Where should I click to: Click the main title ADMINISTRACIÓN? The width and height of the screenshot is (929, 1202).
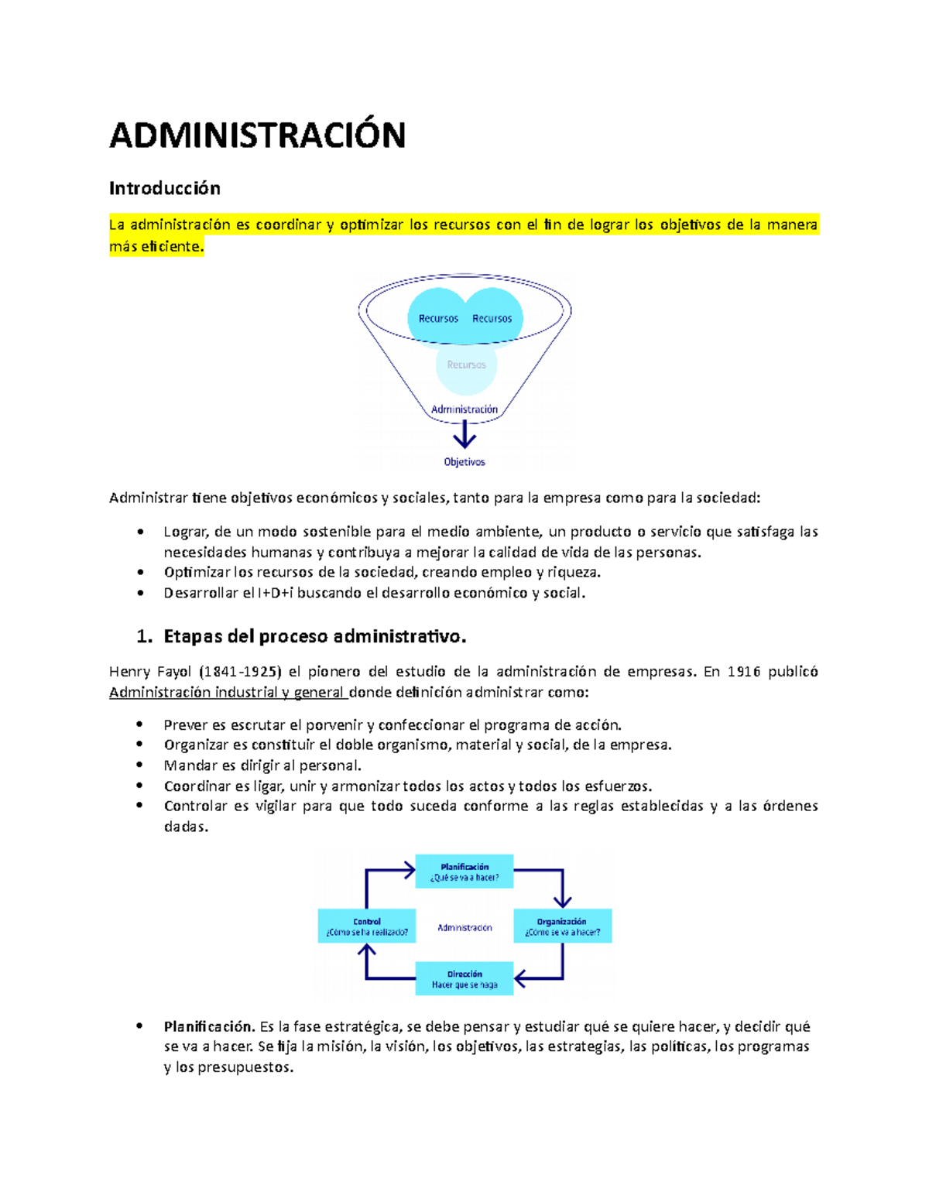pyautogui.click(x=257, y=135)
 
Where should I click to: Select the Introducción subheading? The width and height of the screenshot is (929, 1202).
pyautogui.click(x=164, y=188)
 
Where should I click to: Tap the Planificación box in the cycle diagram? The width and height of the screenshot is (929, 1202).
pyautogui.click(x=464, y=872)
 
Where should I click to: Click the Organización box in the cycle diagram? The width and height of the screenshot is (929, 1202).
pyautogui.click(x=562, y=926)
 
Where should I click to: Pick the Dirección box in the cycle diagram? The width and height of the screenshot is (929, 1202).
pyautogui.click(x=464, y=979)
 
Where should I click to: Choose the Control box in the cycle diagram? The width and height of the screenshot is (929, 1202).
pyautogui.click(x=367, y=926)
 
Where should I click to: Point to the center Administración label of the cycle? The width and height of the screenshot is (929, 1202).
pyautogui.click(x=464, y=927)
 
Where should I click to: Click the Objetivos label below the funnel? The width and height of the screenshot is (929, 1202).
pyautogui.click(x=464, y=462)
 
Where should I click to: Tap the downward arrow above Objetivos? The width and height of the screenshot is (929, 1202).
pyautogui.click(x=464, y=435)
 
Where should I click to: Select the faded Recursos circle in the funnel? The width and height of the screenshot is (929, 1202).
pyautogui.click(x=466, y=365)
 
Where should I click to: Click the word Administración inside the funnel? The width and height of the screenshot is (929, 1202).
pyautogui.click(x=464, y=409)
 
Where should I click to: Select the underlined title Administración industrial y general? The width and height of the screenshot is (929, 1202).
pyautogui.click(x=227, y=692)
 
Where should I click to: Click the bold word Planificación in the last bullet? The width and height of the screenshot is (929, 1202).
pyautogui.click(x=209, y=1026)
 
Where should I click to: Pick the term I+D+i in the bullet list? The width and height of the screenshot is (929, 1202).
pyautogui.click(x=276, y=593)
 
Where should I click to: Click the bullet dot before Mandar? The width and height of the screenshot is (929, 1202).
pyautogui.click(x=140, y=765)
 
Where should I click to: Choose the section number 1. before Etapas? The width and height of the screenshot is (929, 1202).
pyautogui.click(x=144, y=636)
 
